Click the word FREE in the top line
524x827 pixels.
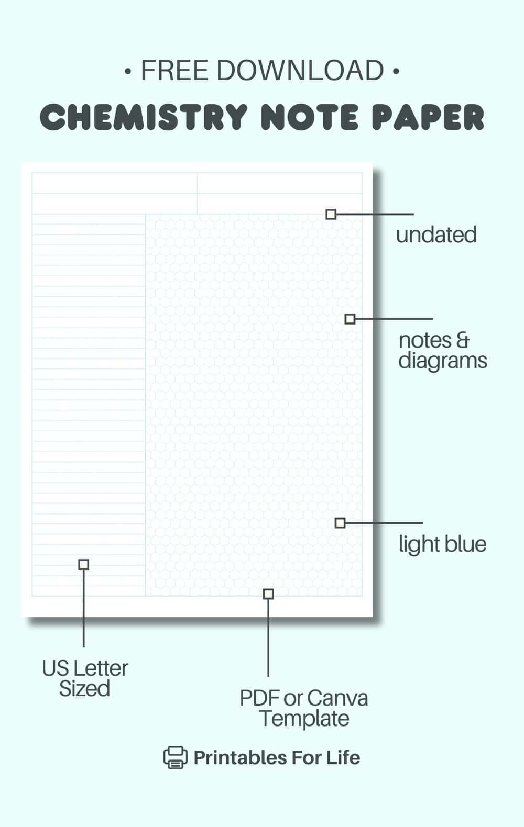[174, 70]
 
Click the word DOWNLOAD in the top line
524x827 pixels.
[300, 70]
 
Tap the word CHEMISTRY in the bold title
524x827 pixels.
[144, 117]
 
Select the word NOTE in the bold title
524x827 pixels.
[310, 117]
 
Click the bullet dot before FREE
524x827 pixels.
[128, 71]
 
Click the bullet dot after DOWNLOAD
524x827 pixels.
[396, 71]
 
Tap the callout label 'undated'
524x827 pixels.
[436, 234]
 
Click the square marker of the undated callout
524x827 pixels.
[331, 214]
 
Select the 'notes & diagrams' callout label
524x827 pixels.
[442, 350]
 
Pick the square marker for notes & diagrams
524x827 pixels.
[350, 319]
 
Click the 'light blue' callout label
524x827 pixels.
[442, 544]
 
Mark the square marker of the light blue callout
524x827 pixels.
[340, 523]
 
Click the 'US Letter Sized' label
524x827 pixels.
[85, 678]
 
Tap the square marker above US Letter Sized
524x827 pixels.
[84, 564]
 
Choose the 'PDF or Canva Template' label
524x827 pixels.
[304, 708]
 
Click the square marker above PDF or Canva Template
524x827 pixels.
[268, 594]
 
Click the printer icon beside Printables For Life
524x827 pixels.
[175, 757]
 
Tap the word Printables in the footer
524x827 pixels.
[240, 757]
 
